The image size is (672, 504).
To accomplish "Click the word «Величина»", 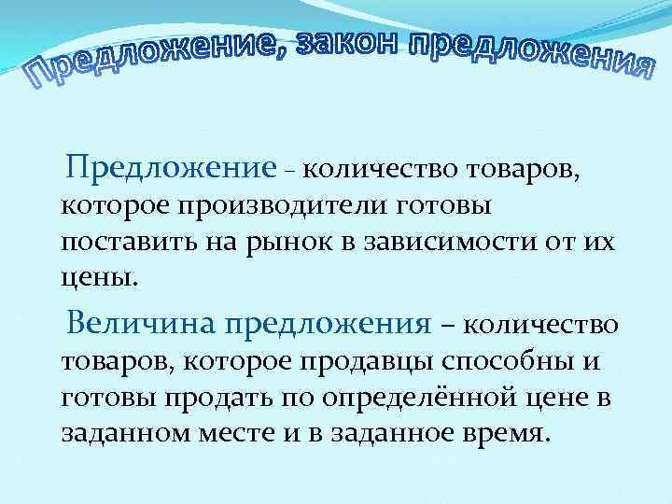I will (138, 323).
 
